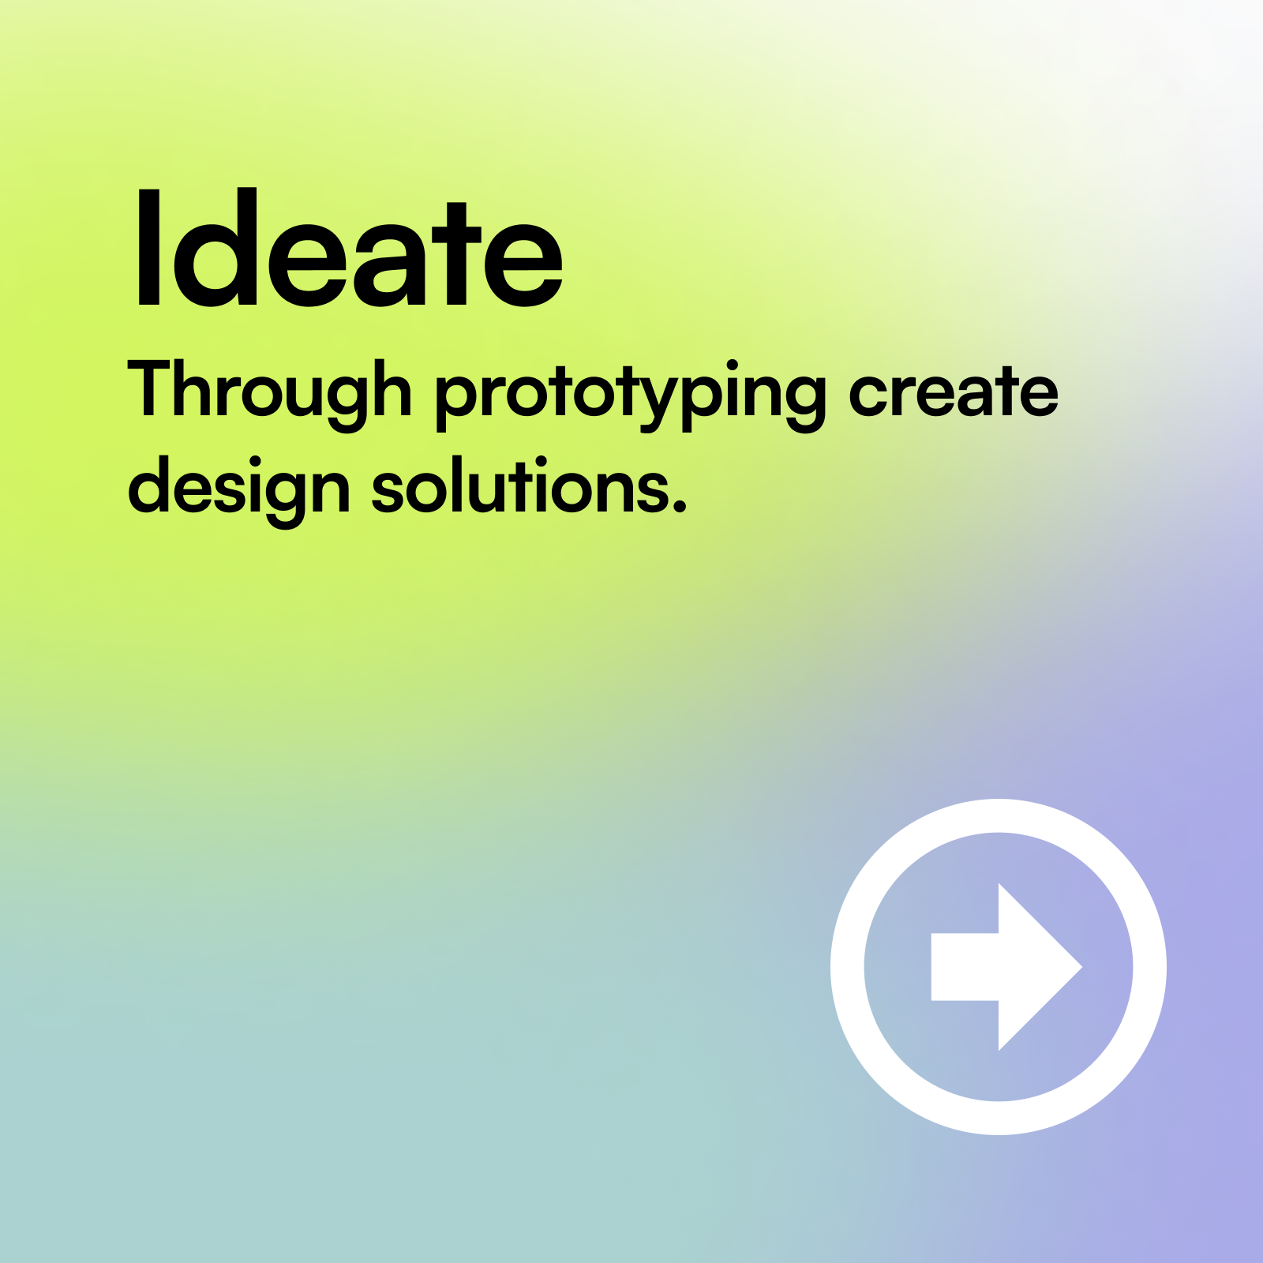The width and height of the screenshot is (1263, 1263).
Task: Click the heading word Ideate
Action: click(x=350, y=248)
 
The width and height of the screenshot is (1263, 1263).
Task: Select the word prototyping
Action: click(x=631, y=395)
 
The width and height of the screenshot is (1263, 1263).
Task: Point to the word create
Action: click(x=954, y=392)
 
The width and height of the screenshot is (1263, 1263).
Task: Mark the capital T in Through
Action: click(x=157, y=388)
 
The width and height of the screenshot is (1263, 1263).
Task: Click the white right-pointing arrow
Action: click(x=1006, y=967)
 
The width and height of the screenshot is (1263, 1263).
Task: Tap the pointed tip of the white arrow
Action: click(x=1081, y=967)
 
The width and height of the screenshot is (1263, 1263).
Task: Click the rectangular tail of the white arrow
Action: click(x=965, y=967)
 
